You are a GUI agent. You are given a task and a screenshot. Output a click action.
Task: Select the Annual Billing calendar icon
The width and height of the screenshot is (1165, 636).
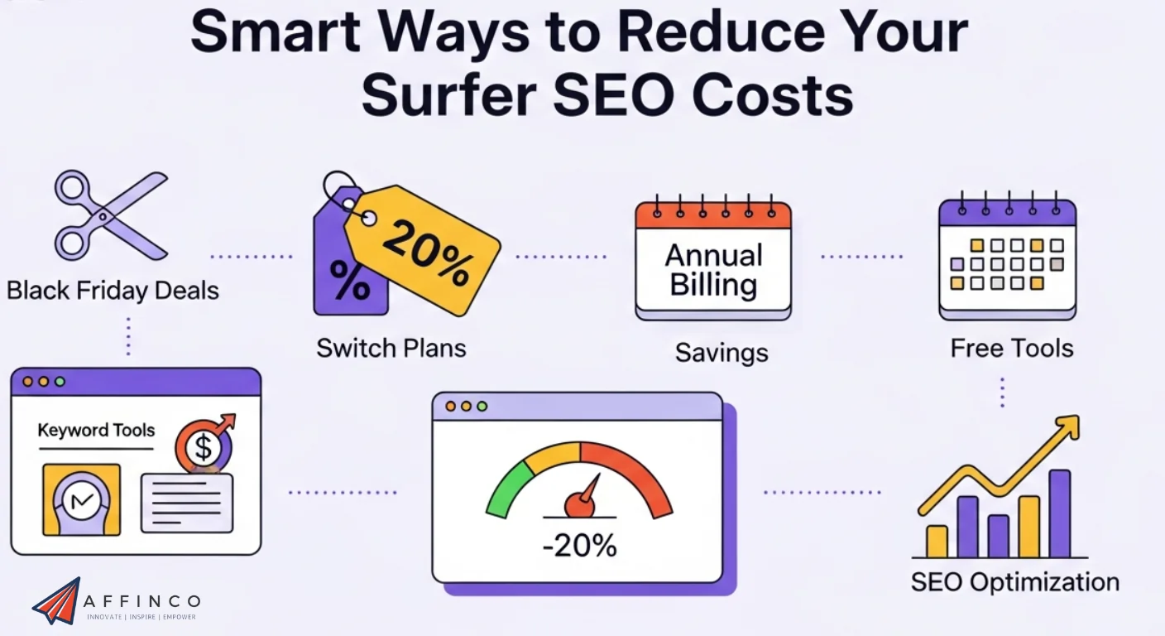pos(712,260)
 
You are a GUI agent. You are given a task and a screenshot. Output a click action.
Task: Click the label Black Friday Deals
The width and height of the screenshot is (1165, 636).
pos(113,291)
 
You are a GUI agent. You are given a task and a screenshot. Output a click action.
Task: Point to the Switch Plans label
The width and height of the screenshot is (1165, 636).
pos(391,348)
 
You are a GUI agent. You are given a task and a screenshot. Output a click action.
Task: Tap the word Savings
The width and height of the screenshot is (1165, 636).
pos(721,354)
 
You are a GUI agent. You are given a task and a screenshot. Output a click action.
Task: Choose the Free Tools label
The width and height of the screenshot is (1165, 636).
pos(1011,348)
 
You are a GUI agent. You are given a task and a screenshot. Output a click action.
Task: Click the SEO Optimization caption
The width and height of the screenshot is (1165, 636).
pos(1014,582)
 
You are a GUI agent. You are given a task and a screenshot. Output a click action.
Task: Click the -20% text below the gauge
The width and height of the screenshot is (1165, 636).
pos(579,547)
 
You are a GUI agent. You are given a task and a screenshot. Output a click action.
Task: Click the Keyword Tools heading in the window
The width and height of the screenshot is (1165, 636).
pos(96,431)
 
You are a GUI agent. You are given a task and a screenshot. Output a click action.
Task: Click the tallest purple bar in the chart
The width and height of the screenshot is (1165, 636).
pos(1059,513)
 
